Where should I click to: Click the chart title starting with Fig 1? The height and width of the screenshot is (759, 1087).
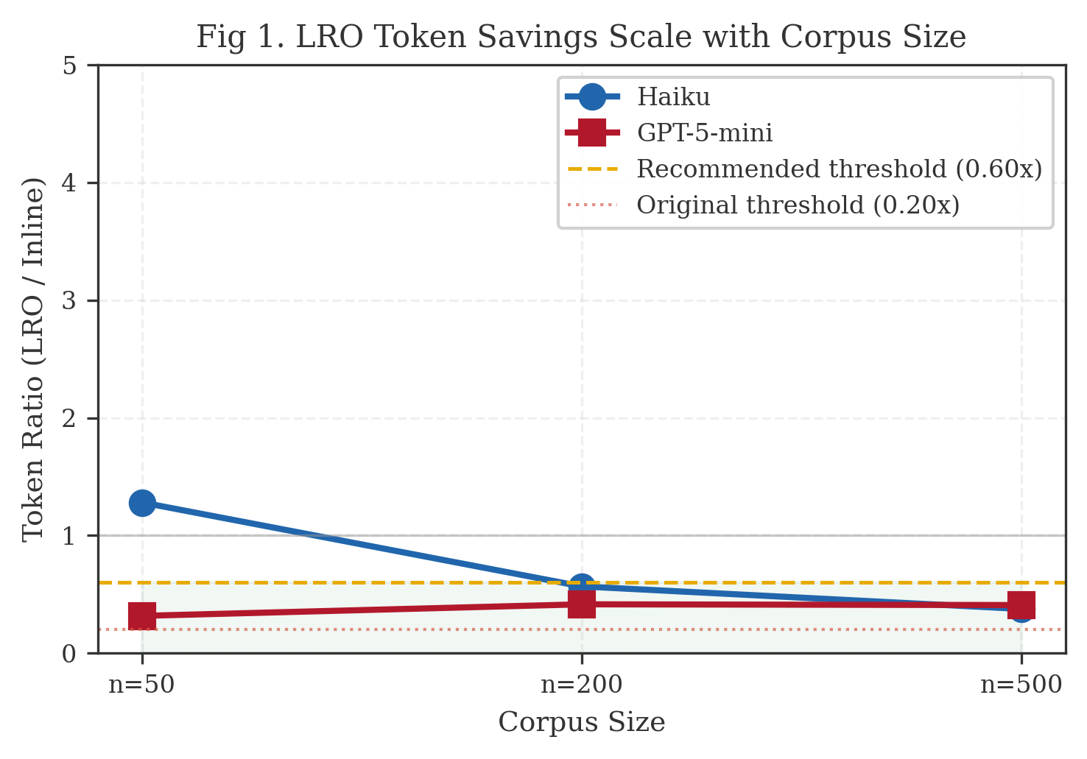tap(581, 37)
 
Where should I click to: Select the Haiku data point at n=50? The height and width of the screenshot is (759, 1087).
tap(142, 503)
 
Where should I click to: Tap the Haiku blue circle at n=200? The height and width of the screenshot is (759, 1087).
tap(582, 586)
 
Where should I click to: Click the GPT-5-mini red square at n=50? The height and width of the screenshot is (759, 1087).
tap(142, 615)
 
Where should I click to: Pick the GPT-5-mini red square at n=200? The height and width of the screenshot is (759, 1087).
tap(582, 604)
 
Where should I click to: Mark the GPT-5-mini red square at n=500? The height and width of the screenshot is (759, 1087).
tap(1021, 606)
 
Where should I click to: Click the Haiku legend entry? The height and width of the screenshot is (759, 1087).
tap(672, 97)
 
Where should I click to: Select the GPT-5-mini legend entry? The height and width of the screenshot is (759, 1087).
tap(704, 133)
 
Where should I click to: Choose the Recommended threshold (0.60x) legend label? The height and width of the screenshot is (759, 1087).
tap(839, 169)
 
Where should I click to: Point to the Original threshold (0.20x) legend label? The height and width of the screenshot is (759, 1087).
tap(798, 205)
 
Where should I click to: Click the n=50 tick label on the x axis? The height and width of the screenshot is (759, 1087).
tap(142, 685)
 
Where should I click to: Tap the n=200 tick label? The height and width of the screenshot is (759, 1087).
tap(582, 685)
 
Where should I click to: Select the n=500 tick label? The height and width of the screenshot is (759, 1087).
tap(1021, 685)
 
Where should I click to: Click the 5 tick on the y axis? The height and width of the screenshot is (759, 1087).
tap(70, 66)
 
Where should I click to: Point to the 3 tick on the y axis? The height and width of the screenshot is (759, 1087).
tap(70, 301)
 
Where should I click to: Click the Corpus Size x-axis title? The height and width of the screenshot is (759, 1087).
tap(582, 722)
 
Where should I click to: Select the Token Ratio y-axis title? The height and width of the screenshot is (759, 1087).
tap(33, 359)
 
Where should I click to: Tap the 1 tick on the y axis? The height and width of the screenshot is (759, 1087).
tap(70, 536)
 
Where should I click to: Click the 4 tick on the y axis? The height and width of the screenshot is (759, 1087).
tap(70, 183)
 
